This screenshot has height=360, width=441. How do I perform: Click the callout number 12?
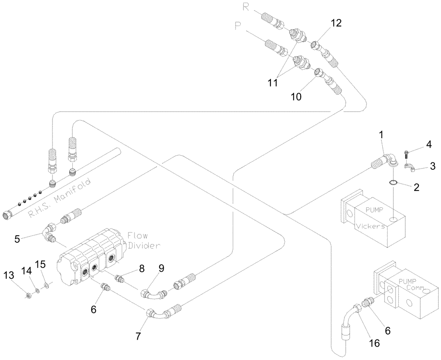(336, 23)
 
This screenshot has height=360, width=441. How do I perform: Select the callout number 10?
(296, 96)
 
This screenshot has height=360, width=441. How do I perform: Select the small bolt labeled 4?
(407, 154)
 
